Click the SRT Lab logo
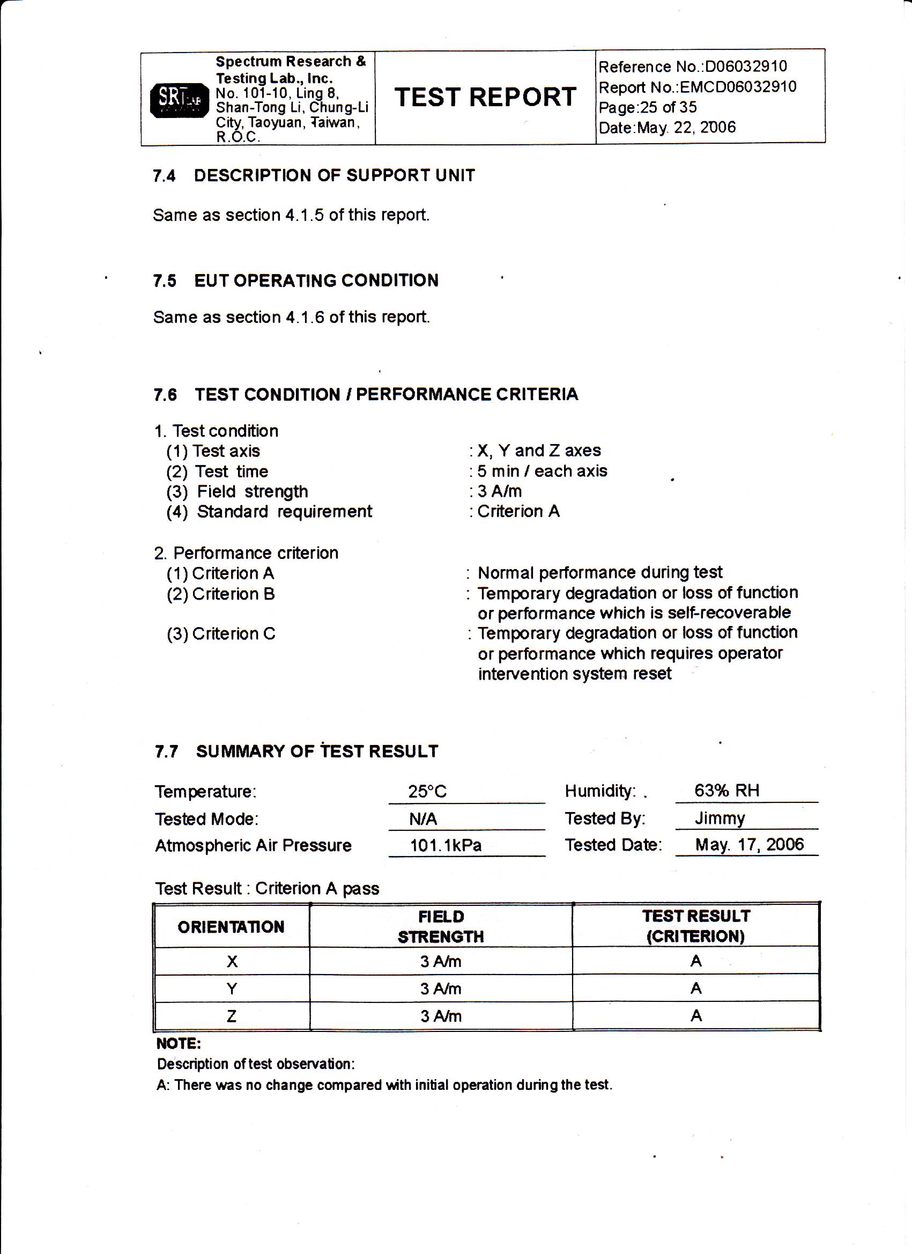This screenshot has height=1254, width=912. pyautogui.click(x=180, y=100)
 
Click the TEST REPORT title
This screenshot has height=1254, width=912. pyautogui.click(x=485, y=97)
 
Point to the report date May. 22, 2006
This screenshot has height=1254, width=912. pyautogui.click(x=686, y=128)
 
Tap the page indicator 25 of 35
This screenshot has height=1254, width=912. pyautogui.click(x=668, y=107)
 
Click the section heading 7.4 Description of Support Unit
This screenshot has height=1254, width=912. pyautogui.click(x=314, y=176)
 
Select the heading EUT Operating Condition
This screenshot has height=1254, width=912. pyautogui.click(x=316, y=281)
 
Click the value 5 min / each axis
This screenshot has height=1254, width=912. pyautogui.click(x=542, y=471)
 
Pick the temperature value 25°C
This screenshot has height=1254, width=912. pyautogui.click(x=427, y=792)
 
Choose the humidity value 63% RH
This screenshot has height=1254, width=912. pyautogui.click(x=726, y=791)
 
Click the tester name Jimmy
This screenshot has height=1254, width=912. pyautogui.click(x=720, y=818)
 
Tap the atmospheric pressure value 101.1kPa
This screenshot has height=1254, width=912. pyautogui.click(x=446, y=845)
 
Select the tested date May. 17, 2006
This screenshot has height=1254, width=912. pyautogui.click(x=749, y=845)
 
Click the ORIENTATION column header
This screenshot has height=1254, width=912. pyautogui.click(x=231, y=927)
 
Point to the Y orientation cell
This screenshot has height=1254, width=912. pyautogui.click(x=232, y=989)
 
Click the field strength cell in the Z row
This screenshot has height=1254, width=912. pyautogui.click(x=441, y=1016)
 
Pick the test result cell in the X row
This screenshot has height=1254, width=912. pyautogui.click(x=695, y=962)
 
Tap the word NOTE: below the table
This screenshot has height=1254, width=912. pyautogui.click(x=179, y=1044)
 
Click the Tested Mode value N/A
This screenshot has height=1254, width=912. pyautogui.click(x=423, y=819)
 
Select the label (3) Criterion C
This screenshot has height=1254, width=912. pyautogui.click(x=220, y=633)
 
